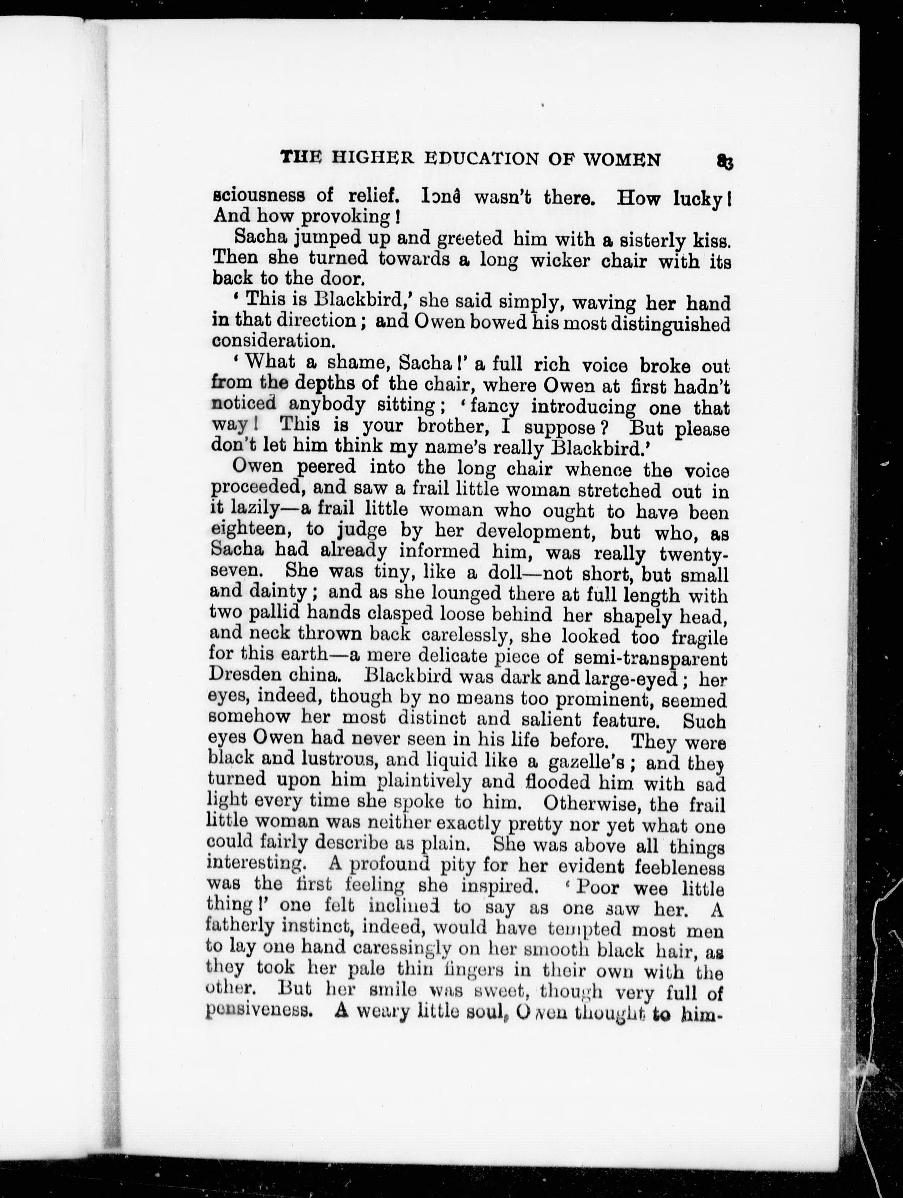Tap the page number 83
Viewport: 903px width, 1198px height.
(725, 161)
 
